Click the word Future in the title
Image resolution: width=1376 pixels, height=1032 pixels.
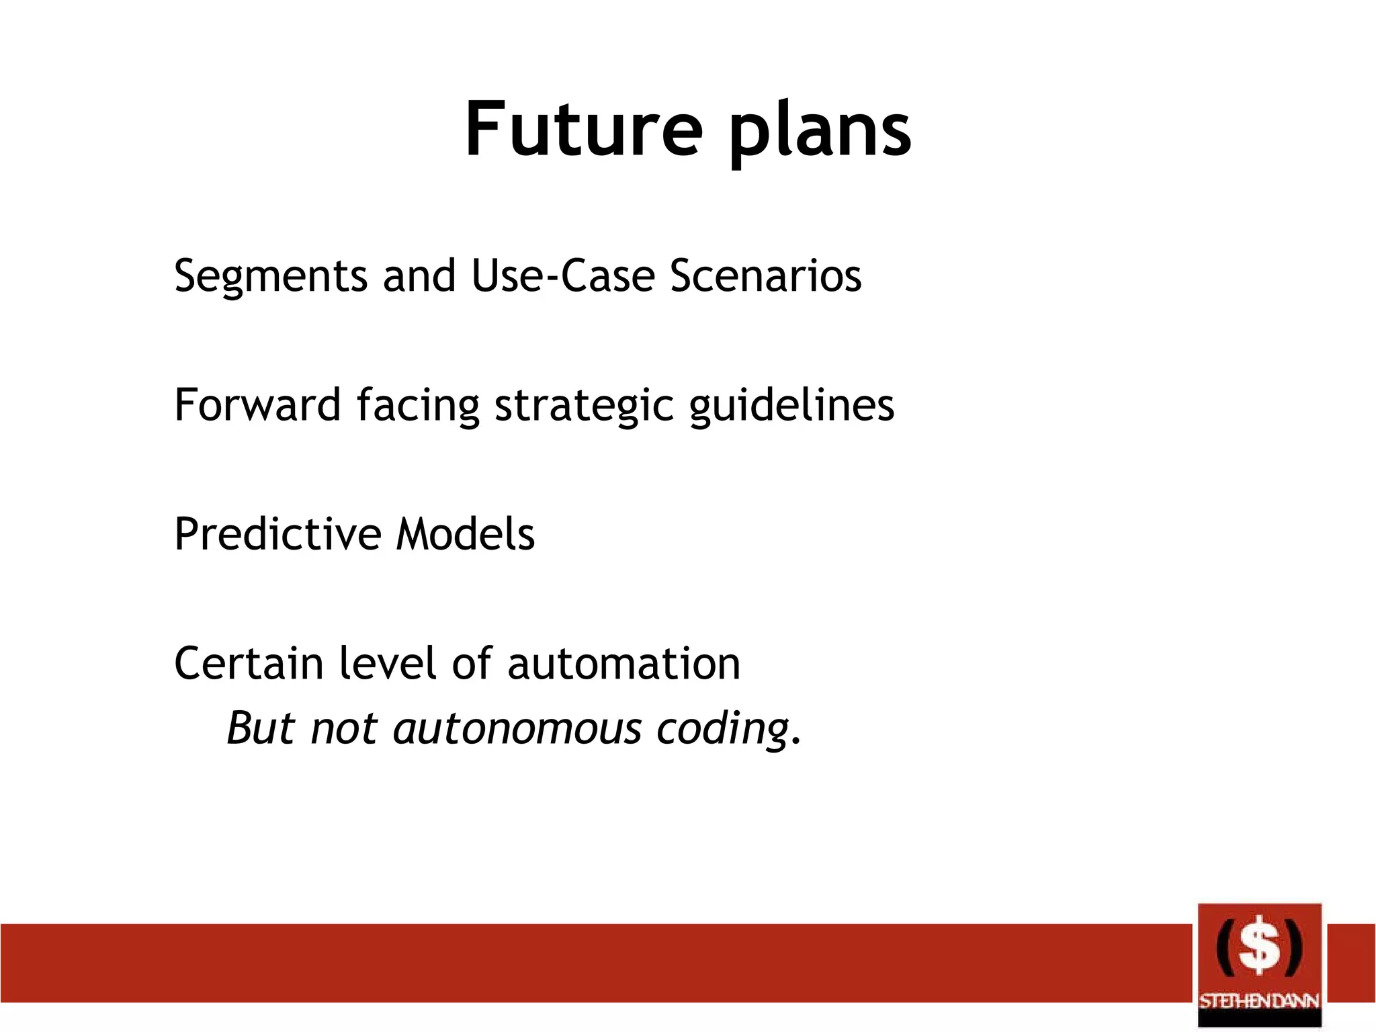click(x=583, y=129)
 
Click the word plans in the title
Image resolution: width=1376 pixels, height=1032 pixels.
click(x=820, y=132)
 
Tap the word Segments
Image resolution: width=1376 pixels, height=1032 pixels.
click(x=270, y=276)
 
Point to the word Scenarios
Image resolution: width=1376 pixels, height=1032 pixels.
click(x=765, y=276)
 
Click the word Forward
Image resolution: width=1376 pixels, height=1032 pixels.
click(x=257, y=405)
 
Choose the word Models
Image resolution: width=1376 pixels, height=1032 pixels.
click(x=466, y=535)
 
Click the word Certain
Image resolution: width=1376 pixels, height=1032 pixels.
click(x=249, y=664)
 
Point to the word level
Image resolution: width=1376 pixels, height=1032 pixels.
click(x=388, y=664)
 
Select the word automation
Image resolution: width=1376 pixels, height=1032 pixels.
click(x=623, y=664)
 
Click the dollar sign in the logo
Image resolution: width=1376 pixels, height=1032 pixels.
click(x=1259, y=947)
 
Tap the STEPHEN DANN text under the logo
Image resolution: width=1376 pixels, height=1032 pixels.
click(x=1259, y=1001)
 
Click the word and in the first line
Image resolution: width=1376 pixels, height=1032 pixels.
click(x=419, y=276)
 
